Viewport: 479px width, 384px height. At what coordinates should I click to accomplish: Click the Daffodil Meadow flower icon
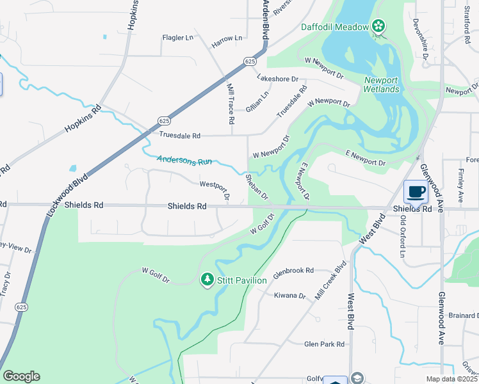pyautogui.click(x=378, y=26)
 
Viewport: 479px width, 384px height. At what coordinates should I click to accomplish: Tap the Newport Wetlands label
pyautogui.click(x=382, y=84)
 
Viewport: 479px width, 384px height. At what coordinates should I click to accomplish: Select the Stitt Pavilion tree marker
pyautogui.click(x=207, y=280)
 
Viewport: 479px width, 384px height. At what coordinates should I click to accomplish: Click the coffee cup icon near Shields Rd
pyautogui.click(x=416, y=191)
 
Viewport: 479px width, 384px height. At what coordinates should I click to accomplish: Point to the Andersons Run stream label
pyautogui.click(x=184, y=161)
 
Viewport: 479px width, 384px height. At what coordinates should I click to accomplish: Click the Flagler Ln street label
pyautogui.click(x=177, y=38)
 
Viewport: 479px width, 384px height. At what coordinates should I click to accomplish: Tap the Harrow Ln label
pyautogui.click(x=227, y=39)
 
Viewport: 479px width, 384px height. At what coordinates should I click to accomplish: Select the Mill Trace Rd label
pyautogui.click(x=229, y=102)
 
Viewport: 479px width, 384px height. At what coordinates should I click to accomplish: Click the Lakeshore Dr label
pyautogui.click(x=277, y=79)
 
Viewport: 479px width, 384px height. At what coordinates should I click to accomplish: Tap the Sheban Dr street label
pyautogui.click(x=256, y=186)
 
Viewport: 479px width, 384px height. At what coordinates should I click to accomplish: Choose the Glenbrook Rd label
pyautogui.click(x=293, y=271)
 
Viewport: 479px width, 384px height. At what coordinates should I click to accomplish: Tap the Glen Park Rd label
pyautogui.click(x=324, y=344)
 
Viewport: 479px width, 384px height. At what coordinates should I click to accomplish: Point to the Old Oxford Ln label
pyautogui.click(x=403, y=236)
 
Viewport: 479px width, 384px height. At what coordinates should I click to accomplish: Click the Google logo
pyautogui.click(x=21, y=376)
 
